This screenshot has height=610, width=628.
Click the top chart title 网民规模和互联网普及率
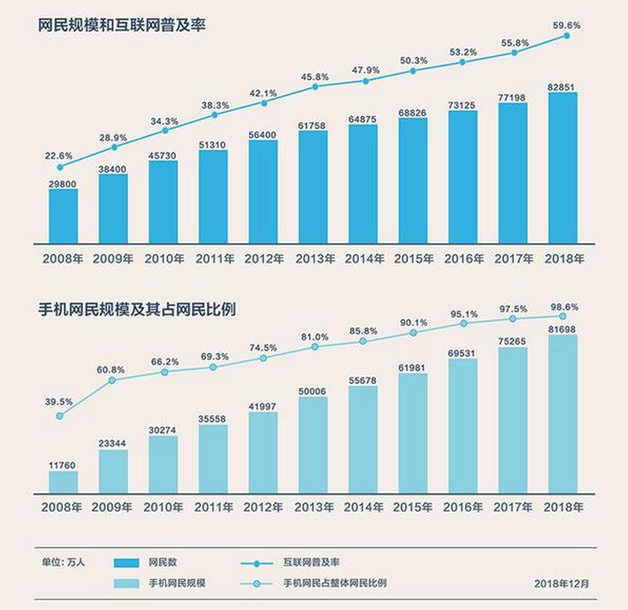click(x=121, y=25)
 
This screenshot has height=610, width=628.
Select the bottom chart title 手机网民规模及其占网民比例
click(x=136, y=309)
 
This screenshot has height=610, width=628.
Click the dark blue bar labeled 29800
click(x=63, y=216)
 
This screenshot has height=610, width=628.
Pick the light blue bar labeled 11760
click(x=63, y=482)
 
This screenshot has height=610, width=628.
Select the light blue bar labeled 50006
click(x=313, y=445)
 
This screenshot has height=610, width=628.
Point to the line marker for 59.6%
click(x=567, y=36)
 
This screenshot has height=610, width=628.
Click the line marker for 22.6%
click(x=60, y=167)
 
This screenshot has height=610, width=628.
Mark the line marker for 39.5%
click(x=60, y=415)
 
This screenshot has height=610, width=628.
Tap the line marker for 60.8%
click(x=112, y=380)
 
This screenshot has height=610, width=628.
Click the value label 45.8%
click(x=315, y=77)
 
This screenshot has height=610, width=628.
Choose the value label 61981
click(x=413, y=367)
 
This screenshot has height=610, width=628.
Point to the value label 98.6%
click(x=564, y=307)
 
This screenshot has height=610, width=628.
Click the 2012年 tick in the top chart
click(x=264, y=259)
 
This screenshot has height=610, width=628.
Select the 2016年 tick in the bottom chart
click(x=463, y=507)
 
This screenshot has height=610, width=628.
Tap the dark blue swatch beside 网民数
click(x=126, y=563)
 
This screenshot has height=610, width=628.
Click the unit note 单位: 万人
click(x=63, y=563)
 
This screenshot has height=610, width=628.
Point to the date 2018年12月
click(x=562, y=584)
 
